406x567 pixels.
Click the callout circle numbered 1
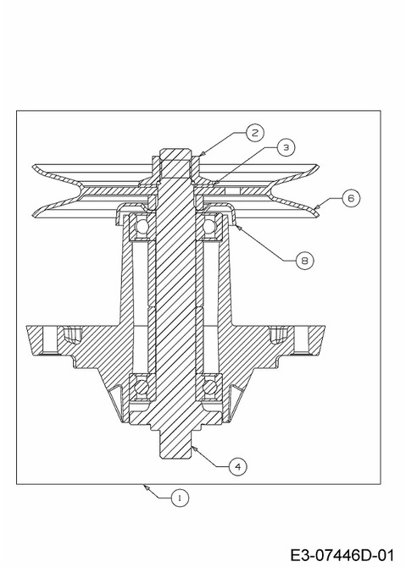[x=180, y=498]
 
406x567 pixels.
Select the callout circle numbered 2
[x=255, y=133]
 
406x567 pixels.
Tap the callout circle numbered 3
[x=286, y=147]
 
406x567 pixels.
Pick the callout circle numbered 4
[x=237, y=466]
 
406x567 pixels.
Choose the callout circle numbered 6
[x=351, y=198]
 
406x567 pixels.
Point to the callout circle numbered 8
[x=304, y=260]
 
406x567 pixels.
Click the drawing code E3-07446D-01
[x=342, y=555]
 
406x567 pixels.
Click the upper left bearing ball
[x=142, y=227]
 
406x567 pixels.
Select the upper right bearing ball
[x=209, y=227]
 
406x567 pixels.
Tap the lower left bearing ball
[x=142, y=388]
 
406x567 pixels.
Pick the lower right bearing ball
[x=209, y=388]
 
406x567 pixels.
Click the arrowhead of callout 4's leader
[x=193, y=448]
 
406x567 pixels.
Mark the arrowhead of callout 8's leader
[x=237, y=226]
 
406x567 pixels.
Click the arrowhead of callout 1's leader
[x=146, y=487]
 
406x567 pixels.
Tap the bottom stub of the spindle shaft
[x=175, y=444]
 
